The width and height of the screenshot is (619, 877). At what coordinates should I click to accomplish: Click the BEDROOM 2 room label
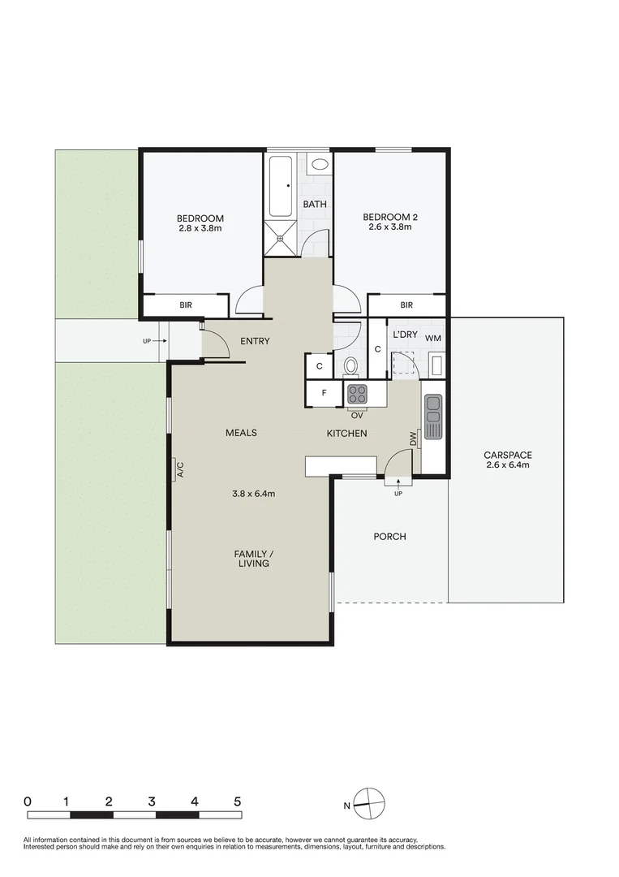pos(390,217)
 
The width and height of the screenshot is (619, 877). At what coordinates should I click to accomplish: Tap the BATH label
pos(315,204)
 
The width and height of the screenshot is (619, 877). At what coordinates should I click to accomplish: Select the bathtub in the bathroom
pos(282,188)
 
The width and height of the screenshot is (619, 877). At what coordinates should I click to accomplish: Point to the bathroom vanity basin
pos(320,164)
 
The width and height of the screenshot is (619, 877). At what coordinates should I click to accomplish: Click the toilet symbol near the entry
pos(350,366)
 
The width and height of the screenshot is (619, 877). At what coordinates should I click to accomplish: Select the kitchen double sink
pos(433,415)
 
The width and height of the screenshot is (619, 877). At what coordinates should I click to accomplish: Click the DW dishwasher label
pos(413,439)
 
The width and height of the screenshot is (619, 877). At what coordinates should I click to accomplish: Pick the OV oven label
pos(357,414)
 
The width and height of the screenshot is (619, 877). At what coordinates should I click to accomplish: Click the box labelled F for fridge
pos(324,394)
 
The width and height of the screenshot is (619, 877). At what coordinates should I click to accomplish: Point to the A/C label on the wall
pos(178,469)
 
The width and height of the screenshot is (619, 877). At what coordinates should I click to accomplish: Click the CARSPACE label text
pos(507,456)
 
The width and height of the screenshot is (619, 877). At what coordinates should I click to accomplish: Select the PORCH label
pos(389,537)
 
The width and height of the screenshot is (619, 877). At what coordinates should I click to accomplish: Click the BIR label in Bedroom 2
pos(406,305)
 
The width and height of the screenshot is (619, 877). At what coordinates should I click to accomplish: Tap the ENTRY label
pos(255,341)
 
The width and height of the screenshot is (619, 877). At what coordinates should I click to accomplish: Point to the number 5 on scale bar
pos(238,801)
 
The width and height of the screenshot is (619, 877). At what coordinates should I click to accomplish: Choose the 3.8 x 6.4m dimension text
pos(253,493)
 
